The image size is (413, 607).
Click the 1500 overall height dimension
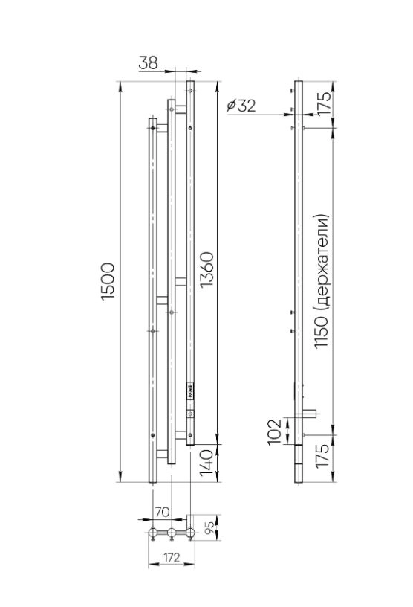(x=108, y=281)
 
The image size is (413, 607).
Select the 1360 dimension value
(x=206, y=269)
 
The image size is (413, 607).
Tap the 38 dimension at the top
(x=148, y=62)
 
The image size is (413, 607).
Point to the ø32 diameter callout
(x=241, y=105)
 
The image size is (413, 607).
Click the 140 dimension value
(x=206, y=463)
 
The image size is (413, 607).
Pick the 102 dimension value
(x=276, y=431)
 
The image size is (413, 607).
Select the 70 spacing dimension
(x=162, y=512)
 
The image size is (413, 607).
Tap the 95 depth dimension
(x=209, y=528)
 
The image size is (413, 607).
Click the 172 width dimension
(x=172, y=557)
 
